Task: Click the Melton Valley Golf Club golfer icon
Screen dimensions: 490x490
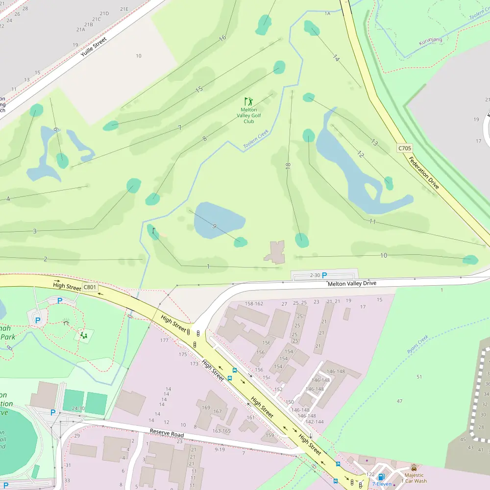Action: tap(249, 101)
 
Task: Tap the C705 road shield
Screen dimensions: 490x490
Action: tap(404, 147)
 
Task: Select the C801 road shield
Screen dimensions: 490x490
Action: tap(89, 287)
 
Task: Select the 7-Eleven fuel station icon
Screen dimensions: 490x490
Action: tap(381, 477)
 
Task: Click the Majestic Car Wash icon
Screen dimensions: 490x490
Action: tap(414, 467)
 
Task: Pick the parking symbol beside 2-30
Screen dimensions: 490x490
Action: tap(324, 276)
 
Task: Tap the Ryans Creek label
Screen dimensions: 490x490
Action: tap(417, 345)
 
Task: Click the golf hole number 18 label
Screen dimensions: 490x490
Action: tap(288, 166)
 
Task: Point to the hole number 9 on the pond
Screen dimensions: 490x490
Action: tap(214, 225)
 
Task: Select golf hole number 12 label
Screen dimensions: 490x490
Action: tap(361, 154)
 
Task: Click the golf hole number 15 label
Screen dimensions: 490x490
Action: tap(198, 89)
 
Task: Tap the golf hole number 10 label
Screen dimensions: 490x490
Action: tap(383, 255)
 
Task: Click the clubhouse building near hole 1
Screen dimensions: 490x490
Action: tap(275, 252)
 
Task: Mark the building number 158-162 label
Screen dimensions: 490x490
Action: tap(254, 303)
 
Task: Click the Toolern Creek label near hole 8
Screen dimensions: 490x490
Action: tap(256, 139)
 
